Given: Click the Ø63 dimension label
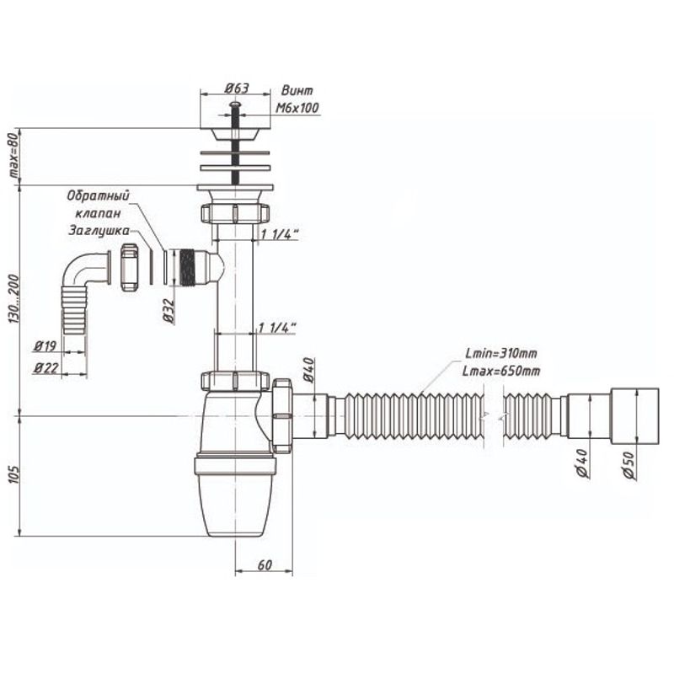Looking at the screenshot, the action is [x=237, y=88].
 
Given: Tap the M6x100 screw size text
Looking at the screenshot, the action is [x=297, y=108].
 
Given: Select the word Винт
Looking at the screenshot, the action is [x=297, y=91].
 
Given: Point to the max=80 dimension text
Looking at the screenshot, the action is [x=14, y=155].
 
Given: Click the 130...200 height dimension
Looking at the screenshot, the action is [x=14, y=300].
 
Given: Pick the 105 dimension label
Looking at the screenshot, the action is [x=14, y=474].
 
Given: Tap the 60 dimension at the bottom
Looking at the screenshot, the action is [x=265, y=564].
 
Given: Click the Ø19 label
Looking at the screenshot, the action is [x=45, y=346].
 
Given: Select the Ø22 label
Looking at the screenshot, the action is [x=46, y=368].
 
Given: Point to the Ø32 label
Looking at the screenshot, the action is [x=169, y=311].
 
